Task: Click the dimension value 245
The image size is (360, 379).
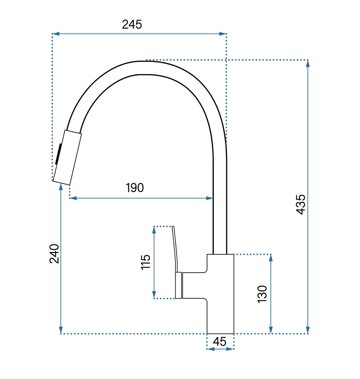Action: (132, 24)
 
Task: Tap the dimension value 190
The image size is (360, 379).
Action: (135, 188)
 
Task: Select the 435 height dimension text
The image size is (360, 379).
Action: (301, 204)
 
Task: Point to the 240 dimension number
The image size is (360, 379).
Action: (54, 254)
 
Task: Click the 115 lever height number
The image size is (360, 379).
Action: (146, 262)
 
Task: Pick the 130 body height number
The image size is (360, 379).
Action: (262, 294)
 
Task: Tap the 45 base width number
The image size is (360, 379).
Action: (220, 342)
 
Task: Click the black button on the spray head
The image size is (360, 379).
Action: (58, 154)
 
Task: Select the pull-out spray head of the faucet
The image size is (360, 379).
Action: (67, 157)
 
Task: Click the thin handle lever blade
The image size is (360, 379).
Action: (175, 249)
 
